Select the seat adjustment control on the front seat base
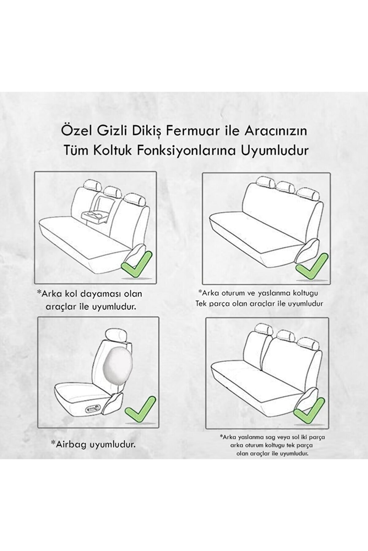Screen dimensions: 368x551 tap(94, 408)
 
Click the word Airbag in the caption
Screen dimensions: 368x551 tap(70, 444)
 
